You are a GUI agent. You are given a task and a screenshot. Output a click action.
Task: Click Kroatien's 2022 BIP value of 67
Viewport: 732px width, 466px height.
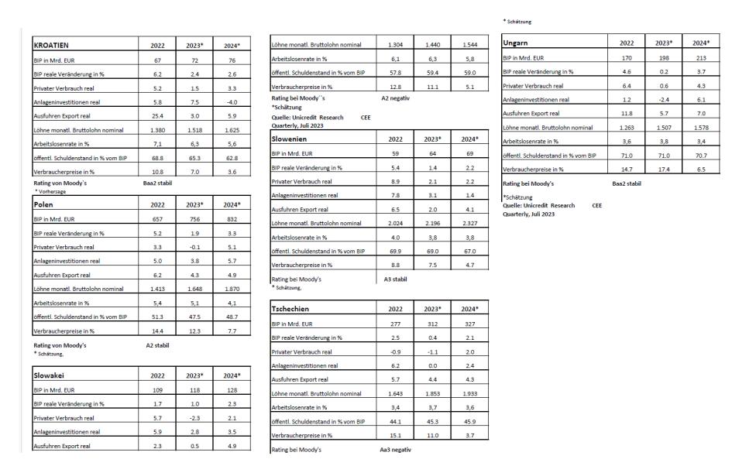pyautogui.click(x=156, y=61)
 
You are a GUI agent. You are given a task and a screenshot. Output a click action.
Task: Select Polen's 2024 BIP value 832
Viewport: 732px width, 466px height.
pyautogui.click(x=228, y=221)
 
